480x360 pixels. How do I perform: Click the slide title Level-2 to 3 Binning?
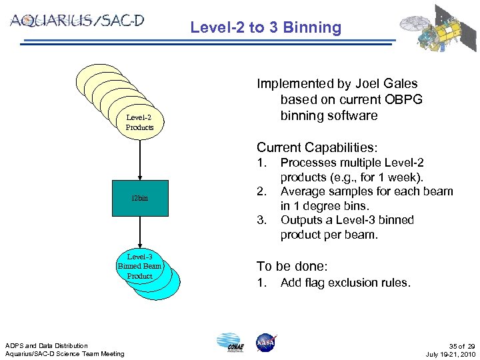coord(265,28)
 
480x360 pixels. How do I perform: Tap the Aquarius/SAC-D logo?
coord(77,21)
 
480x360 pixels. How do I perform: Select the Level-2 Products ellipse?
coord(139,122)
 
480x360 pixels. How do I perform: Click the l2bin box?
coord(140,198)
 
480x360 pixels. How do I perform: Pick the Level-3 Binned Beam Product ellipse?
coord(139,266)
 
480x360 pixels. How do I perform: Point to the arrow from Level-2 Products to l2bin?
coord(140,159)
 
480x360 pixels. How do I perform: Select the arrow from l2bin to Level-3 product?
coord(140,233)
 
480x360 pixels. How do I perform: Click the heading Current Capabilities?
coord(317,147)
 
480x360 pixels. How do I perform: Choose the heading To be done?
coord(292,266)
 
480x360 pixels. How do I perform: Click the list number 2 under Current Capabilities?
coord(264,192)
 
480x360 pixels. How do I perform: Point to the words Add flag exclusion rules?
coord(345,283)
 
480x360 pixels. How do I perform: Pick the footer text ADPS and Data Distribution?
coord(47,345)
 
